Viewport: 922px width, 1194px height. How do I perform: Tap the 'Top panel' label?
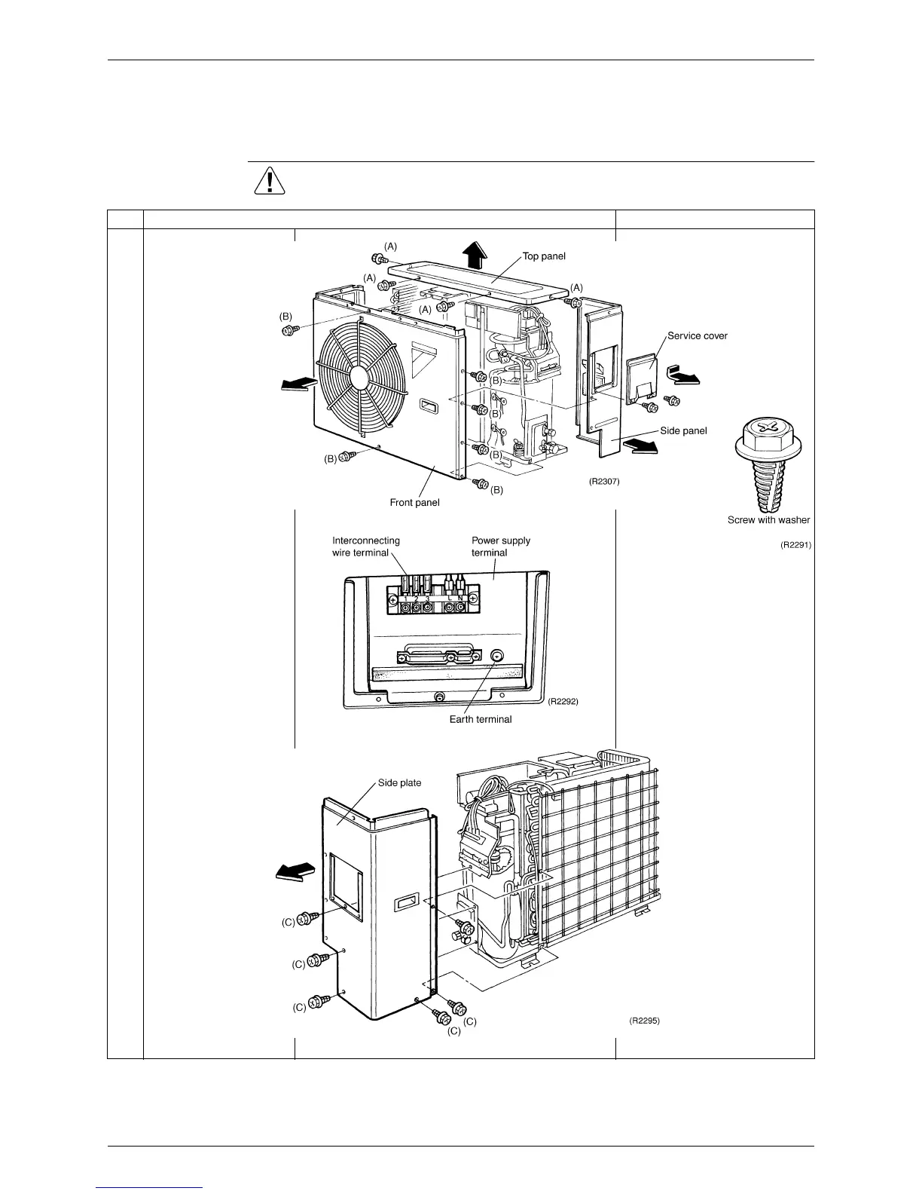tap(544, 256)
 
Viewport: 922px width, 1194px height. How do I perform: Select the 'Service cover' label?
tap(697, 335)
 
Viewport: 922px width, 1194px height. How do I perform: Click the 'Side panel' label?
tap(683, 430)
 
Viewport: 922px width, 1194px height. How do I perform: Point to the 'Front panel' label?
tap(414, 502)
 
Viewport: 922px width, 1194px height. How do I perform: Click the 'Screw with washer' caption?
tap(768, 519)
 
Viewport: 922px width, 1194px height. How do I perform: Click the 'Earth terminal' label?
tap(481, 719)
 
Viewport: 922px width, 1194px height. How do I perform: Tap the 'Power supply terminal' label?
tap(500, 546)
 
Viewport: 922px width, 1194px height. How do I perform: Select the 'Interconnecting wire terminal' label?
tap(366, 546)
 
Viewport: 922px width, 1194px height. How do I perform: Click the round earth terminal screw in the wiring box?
tap(496, 657)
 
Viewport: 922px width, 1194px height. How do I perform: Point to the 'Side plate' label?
tap(399, 782)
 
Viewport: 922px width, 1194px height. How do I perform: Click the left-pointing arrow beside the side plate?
tap(294, 871)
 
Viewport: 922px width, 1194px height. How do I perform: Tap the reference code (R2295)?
tap(644, 1021)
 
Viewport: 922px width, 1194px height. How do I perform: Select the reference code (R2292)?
tap(563, 701)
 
